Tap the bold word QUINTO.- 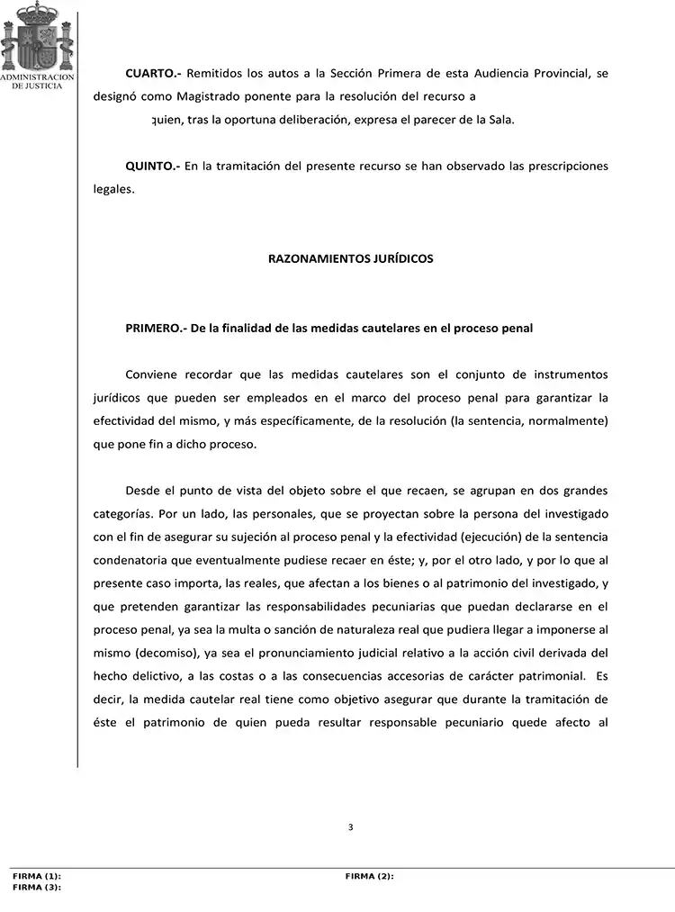pos(153,167)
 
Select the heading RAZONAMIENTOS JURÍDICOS pos(351,259)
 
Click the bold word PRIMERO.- pos(155,329)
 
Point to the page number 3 pos(350,827)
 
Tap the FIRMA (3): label pos(36,887)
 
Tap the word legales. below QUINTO pos(113,189)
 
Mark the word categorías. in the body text pos(122,514)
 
